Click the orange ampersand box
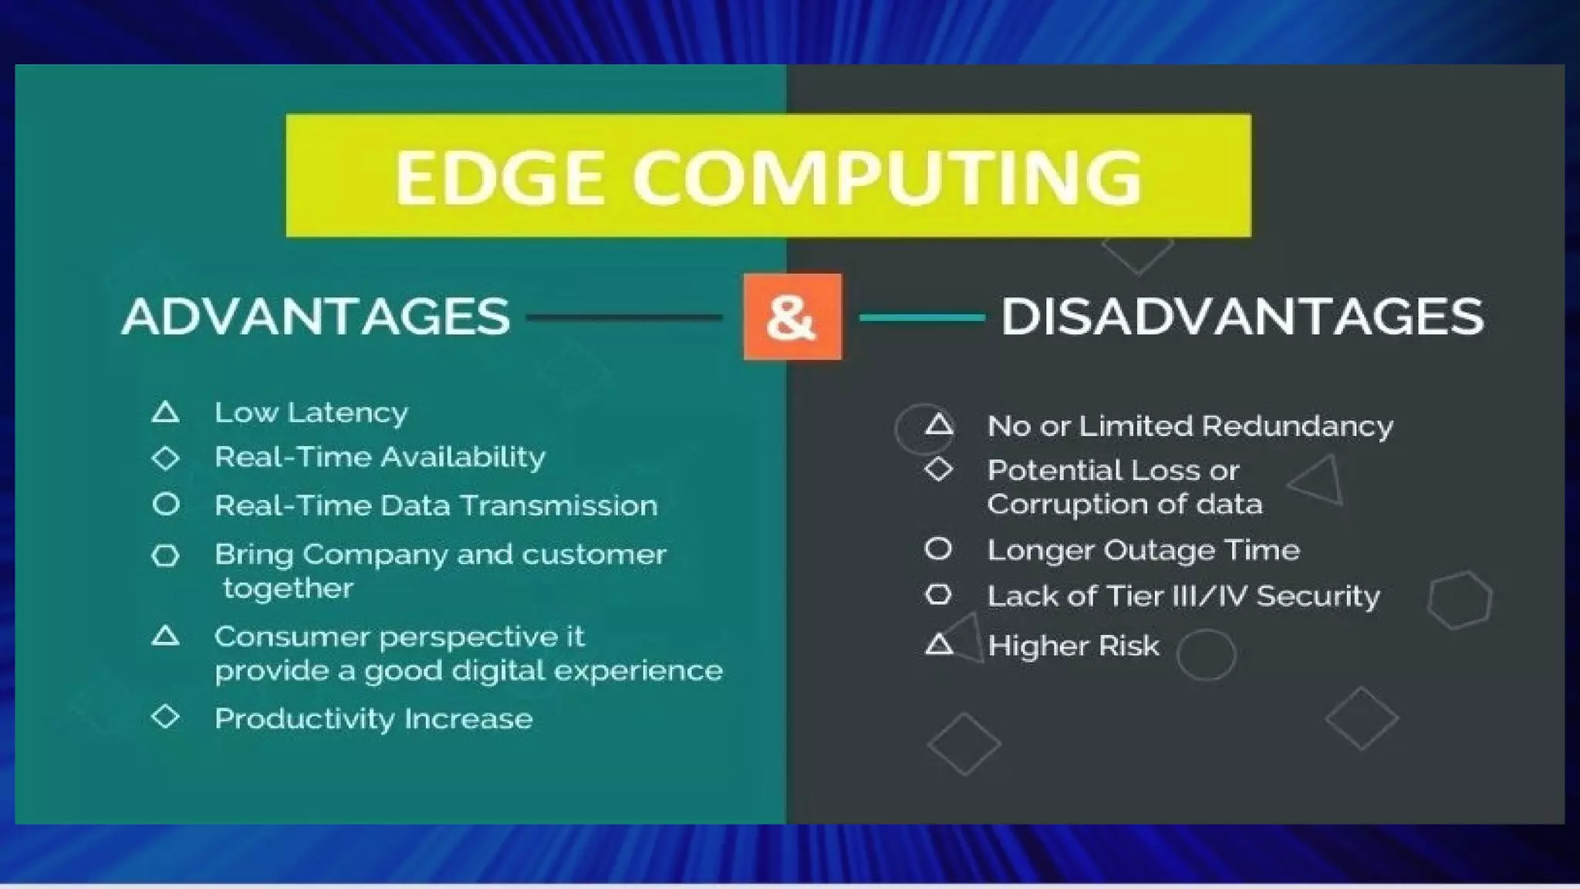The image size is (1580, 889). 792,316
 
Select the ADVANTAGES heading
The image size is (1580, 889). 316,316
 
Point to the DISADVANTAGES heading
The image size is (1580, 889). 1242,316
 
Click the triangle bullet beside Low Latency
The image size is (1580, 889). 166,412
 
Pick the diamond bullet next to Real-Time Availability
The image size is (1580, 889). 166,458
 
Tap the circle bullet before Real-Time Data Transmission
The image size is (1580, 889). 166,505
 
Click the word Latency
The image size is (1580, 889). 348,413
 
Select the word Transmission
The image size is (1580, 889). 559,505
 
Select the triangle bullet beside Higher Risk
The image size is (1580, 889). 939,644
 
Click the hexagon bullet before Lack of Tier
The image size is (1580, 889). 938,595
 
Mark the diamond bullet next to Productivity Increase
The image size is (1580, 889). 166,717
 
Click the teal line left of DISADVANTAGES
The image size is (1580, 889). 922,317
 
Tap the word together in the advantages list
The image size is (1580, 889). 288,589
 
